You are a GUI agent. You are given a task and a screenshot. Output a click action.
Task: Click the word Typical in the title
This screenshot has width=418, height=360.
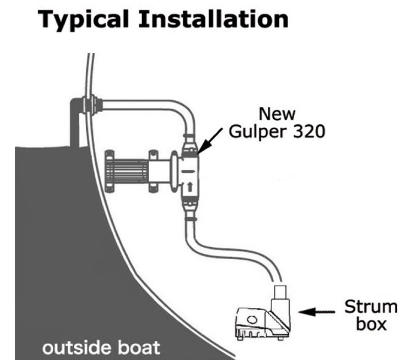[83, 19]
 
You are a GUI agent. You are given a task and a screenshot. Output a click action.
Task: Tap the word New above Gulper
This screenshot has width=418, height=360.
[277, 114]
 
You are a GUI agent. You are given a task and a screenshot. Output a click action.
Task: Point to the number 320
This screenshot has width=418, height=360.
[309, 131]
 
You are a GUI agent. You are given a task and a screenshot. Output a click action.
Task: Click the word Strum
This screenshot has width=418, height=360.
[371, 307]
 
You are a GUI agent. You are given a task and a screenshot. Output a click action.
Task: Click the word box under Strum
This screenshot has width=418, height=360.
[371, 324]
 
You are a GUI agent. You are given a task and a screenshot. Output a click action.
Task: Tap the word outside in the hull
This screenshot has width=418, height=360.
[76, 348]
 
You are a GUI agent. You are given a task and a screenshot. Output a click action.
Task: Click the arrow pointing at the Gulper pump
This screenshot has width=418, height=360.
[210, 141]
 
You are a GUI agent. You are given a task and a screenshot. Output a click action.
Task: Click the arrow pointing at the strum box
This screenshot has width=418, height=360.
[317, 311]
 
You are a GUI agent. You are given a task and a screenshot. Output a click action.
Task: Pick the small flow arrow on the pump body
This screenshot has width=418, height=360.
[189, 187]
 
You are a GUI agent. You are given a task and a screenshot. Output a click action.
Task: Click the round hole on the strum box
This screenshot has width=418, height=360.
[251, 319]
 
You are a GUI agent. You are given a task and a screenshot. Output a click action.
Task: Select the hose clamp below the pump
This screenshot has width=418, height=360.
[191, 219]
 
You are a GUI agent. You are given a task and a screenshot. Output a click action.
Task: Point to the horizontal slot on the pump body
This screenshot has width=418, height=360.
[189, 171]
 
